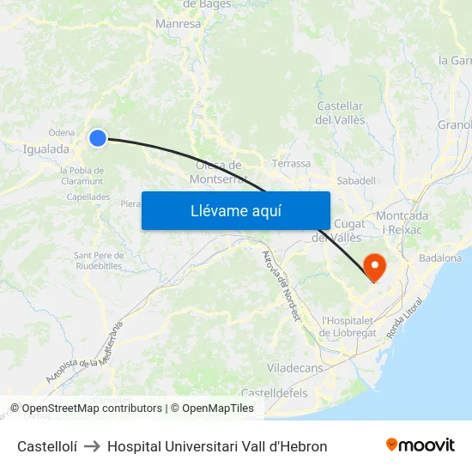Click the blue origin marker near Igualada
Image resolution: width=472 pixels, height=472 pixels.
click(98, 137)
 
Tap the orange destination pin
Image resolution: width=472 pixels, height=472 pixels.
click(375, 267)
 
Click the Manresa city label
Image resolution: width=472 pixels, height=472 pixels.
click(178, 24)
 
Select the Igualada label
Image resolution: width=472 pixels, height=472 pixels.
click(46, 148)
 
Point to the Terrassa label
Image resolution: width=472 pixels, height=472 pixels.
click(291, 163)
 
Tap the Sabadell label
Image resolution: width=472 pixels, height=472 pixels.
click(356, 181)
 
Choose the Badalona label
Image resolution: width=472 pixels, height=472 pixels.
click(440, 257)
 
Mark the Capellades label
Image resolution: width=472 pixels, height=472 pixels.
click(88, 197)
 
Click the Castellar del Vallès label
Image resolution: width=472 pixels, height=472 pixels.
click(341, 112)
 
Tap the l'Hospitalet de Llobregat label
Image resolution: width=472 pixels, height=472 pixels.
click(348, 326)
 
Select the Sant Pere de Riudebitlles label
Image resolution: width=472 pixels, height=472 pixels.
click(100, 259)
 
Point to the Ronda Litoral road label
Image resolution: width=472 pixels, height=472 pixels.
click(405, 317)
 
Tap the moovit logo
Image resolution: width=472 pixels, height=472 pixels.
click(421, 445)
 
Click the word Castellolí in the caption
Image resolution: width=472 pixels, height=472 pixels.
click(47, 446)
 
